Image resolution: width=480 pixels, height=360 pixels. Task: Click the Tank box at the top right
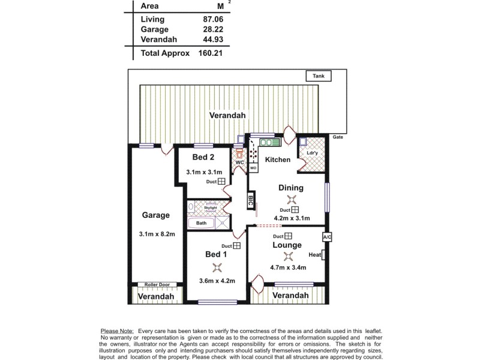point(318,76)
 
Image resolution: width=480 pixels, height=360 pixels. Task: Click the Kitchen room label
point(278,160)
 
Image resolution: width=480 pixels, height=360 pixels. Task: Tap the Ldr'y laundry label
point(312,152)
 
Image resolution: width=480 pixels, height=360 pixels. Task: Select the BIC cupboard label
point(250,201)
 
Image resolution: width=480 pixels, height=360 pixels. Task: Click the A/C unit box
point(327,237)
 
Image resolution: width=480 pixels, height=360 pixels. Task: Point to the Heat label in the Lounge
point(315,255)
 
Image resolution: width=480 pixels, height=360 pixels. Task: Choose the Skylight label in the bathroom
point(210,208)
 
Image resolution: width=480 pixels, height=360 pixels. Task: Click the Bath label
point(201,223)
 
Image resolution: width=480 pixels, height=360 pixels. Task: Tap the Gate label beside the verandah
point(338,137)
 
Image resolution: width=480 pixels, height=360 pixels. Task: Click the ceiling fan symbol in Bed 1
point(217,267)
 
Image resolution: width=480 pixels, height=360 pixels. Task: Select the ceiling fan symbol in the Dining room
point(292,200)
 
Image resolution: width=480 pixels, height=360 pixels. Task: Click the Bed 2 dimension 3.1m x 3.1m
point(204,172)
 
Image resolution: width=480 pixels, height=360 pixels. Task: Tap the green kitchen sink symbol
point(270,143)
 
